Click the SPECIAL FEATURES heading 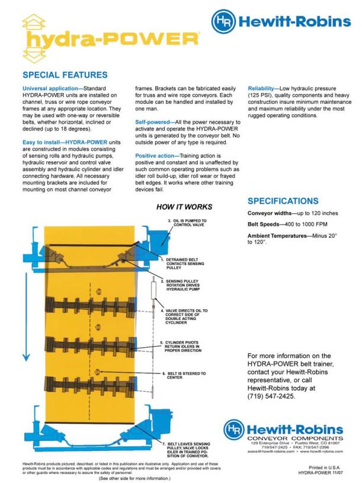click(x=65, y=75)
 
